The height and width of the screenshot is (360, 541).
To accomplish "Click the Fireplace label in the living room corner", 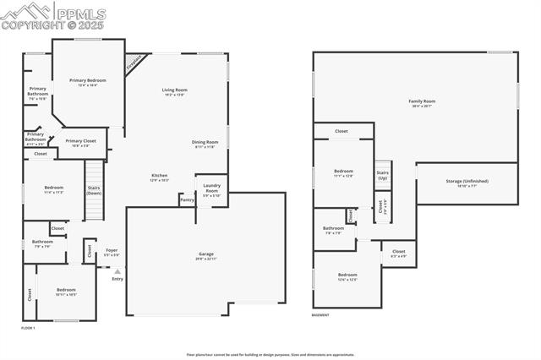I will [x=134, y=63].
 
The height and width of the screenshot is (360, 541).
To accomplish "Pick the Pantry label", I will [x=186, y=200].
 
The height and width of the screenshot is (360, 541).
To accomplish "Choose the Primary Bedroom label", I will [x=88, y=80].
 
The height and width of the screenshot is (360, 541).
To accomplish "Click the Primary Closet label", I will [x=80, y=141].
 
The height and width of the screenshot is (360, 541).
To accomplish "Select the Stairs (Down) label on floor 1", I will [x=93, y=190].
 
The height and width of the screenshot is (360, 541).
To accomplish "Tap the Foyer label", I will [x=112, y=251].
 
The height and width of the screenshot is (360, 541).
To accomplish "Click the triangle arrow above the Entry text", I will [x=117, y=271].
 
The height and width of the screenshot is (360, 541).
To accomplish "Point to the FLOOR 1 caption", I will [x=28, y=327].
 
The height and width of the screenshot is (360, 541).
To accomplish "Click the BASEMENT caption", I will [x=320, y=314].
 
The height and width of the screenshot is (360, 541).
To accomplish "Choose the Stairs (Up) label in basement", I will [x=382, y=175].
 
